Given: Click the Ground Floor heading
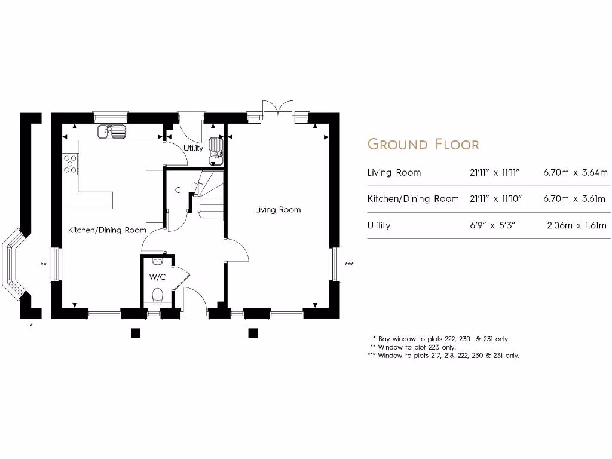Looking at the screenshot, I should (x=423, y=144).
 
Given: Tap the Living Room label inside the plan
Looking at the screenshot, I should (x=278, y=210).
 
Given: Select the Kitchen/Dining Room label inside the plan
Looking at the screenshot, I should (x=107, y=230).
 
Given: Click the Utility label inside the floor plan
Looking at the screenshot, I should (x=193, y=148).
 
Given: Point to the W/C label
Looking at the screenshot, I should (x=157, y=277).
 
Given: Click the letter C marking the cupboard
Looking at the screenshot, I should (x=178, y=191).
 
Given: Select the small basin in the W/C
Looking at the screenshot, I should (x=158, y=261).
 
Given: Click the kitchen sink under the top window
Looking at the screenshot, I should (x=112, y=131).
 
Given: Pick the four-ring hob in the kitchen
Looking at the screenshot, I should (x=71, y=164).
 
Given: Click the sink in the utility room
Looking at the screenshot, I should (x=215, y=151).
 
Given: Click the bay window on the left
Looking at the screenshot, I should (x=14, y=265).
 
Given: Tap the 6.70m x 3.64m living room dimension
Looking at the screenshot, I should (x=574, y=173).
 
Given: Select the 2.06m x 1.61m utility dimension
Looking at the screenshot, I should (x=576, y=225).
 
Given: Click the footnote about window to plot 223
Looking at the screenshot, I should (x=413, y=347).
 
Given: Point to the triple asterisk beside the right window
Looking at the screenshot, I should (x=349, y=264).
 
